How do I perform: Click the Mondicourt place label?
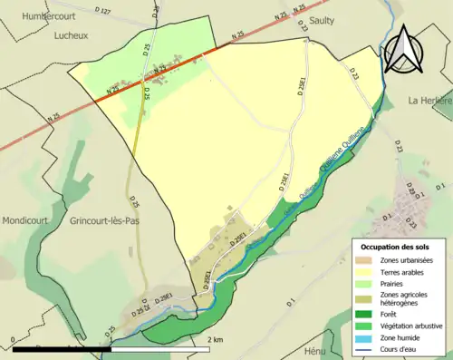click(24, 220)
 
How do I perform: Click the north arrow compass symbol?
click(402, 49)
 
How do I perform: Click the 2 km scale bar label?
click(215, 339)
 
